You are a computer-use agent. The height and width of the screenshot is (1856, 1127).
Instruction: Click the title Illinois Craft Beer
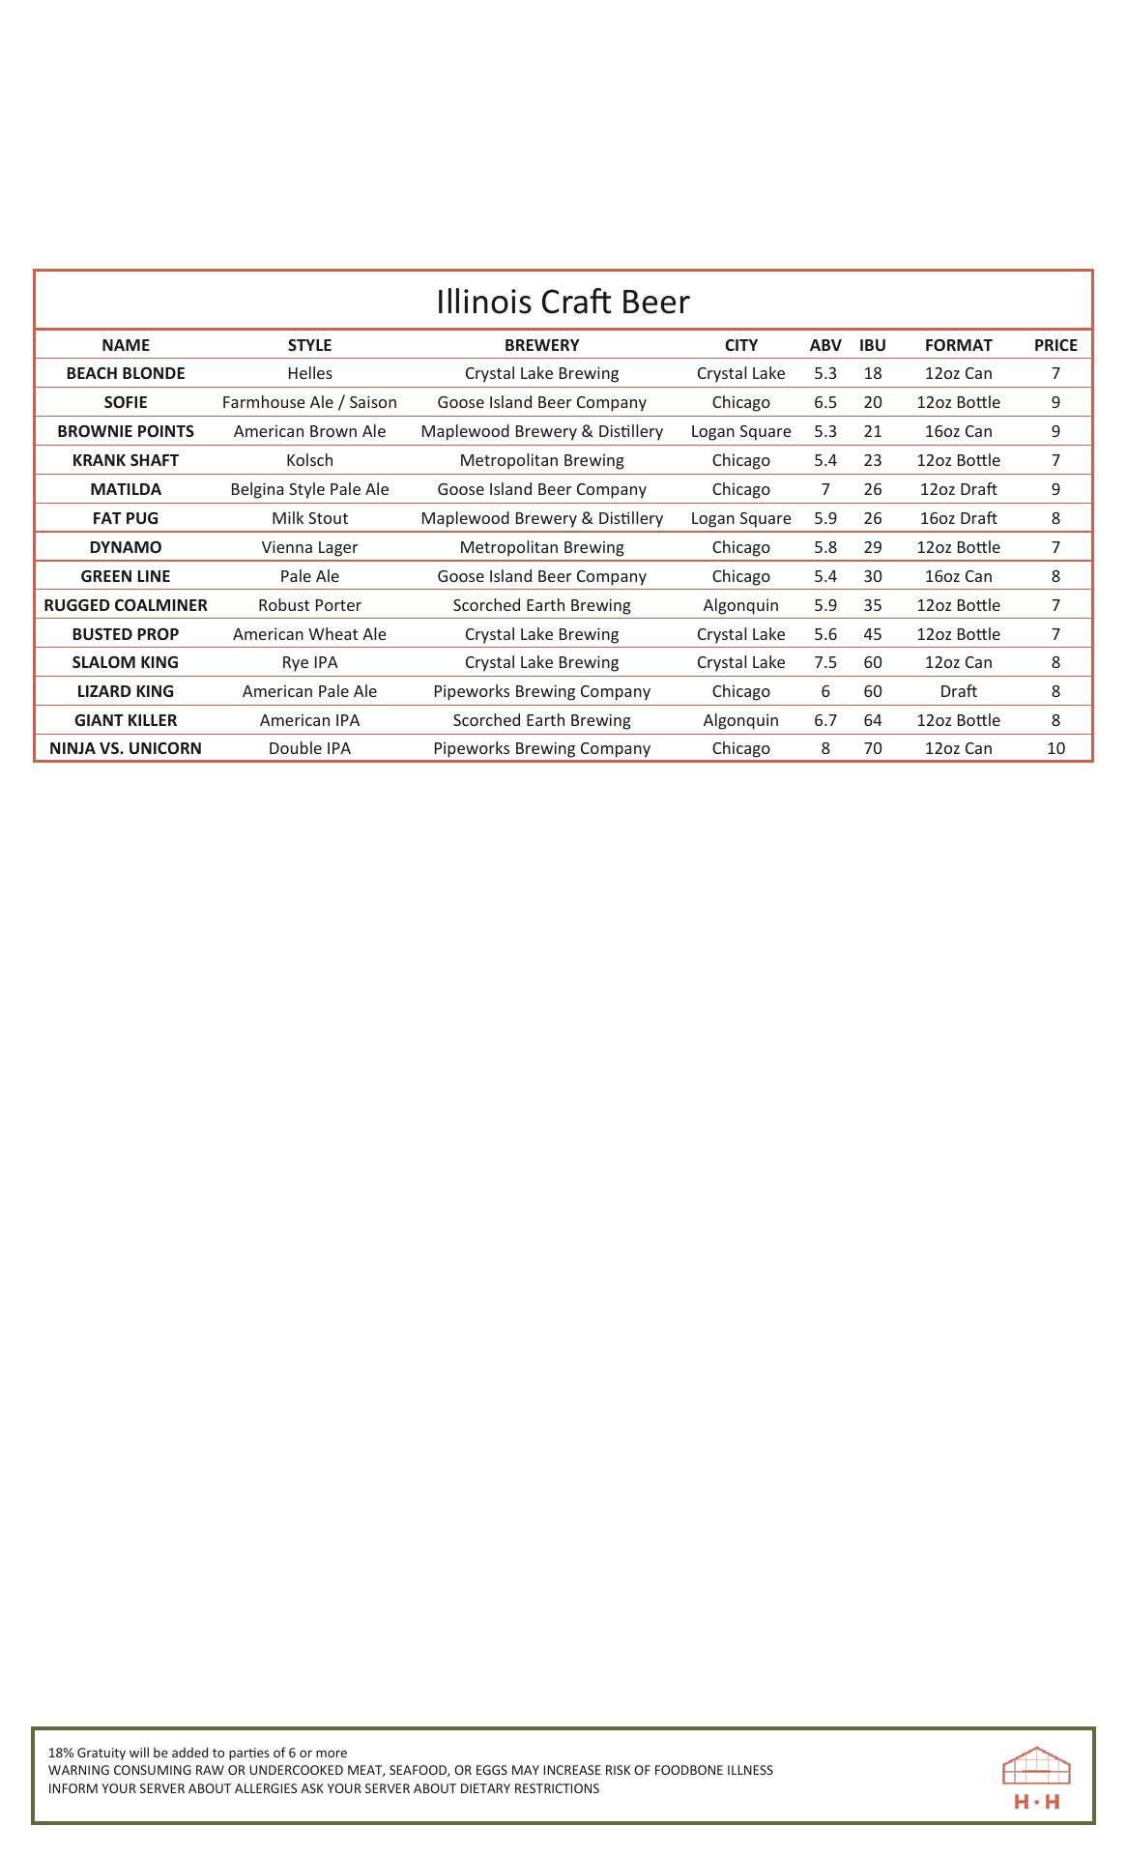tap(563, 302)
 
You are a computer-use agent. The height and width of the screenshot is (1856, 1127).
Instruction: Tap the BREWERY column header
tap(541, 345)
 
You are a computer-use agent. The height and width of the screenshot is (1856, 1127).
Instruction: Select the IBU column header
tap(872, 345)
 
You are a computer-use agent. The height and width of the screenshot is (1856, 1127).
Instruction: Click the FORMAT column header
tap(958, 345)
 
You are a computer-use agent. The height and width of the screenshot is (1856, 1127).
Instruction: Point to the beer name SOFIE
tap(126, 402)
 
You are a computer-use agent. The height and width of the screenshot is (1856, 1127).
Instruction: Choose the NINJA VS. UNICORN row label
tap(126, 748)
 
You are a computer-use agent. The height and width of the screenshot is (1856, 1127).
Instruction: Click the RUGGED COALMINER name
tap(126, 605)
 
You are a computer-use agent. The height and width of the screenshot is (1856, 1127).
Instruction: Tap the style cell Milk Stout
tap(309, 518)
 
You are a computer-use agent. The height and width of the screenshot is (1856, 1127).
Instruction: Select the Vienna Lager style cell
tap(309, 547)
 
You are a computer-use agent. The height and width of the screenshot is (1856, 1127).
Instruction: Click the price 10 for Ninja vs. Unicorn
tap(1055, 748)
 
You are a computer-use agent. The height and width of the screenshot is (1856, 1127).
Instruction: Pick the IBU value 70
tap(872, 748)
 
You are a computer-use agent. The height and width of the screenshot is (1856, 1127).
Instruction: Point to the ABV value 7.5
tap(825, 662)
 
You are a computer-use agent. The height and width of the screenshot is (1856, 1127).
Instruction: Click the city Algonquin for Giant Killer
tap(740, 720)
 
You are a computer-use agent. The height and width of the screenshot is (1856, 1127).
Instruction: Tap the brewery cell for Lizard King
tap(541, 691)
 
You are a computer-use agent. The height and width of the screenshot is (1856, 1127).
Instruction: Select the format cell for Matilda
tap(958, 489)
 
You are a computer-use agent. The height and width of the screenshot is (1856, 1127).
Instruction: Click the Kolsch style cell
tap(309, 460)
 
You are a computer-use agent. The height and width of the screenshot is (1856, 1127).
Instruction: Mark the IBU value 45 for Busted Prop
tap(872, 634)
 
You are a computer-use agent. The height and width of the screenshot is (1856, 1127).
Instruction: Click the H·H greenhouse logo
tap(1036, 1777)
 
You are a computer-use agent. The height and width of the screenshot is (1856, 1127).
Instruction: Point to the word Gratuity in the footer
tap(101, 1753)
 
